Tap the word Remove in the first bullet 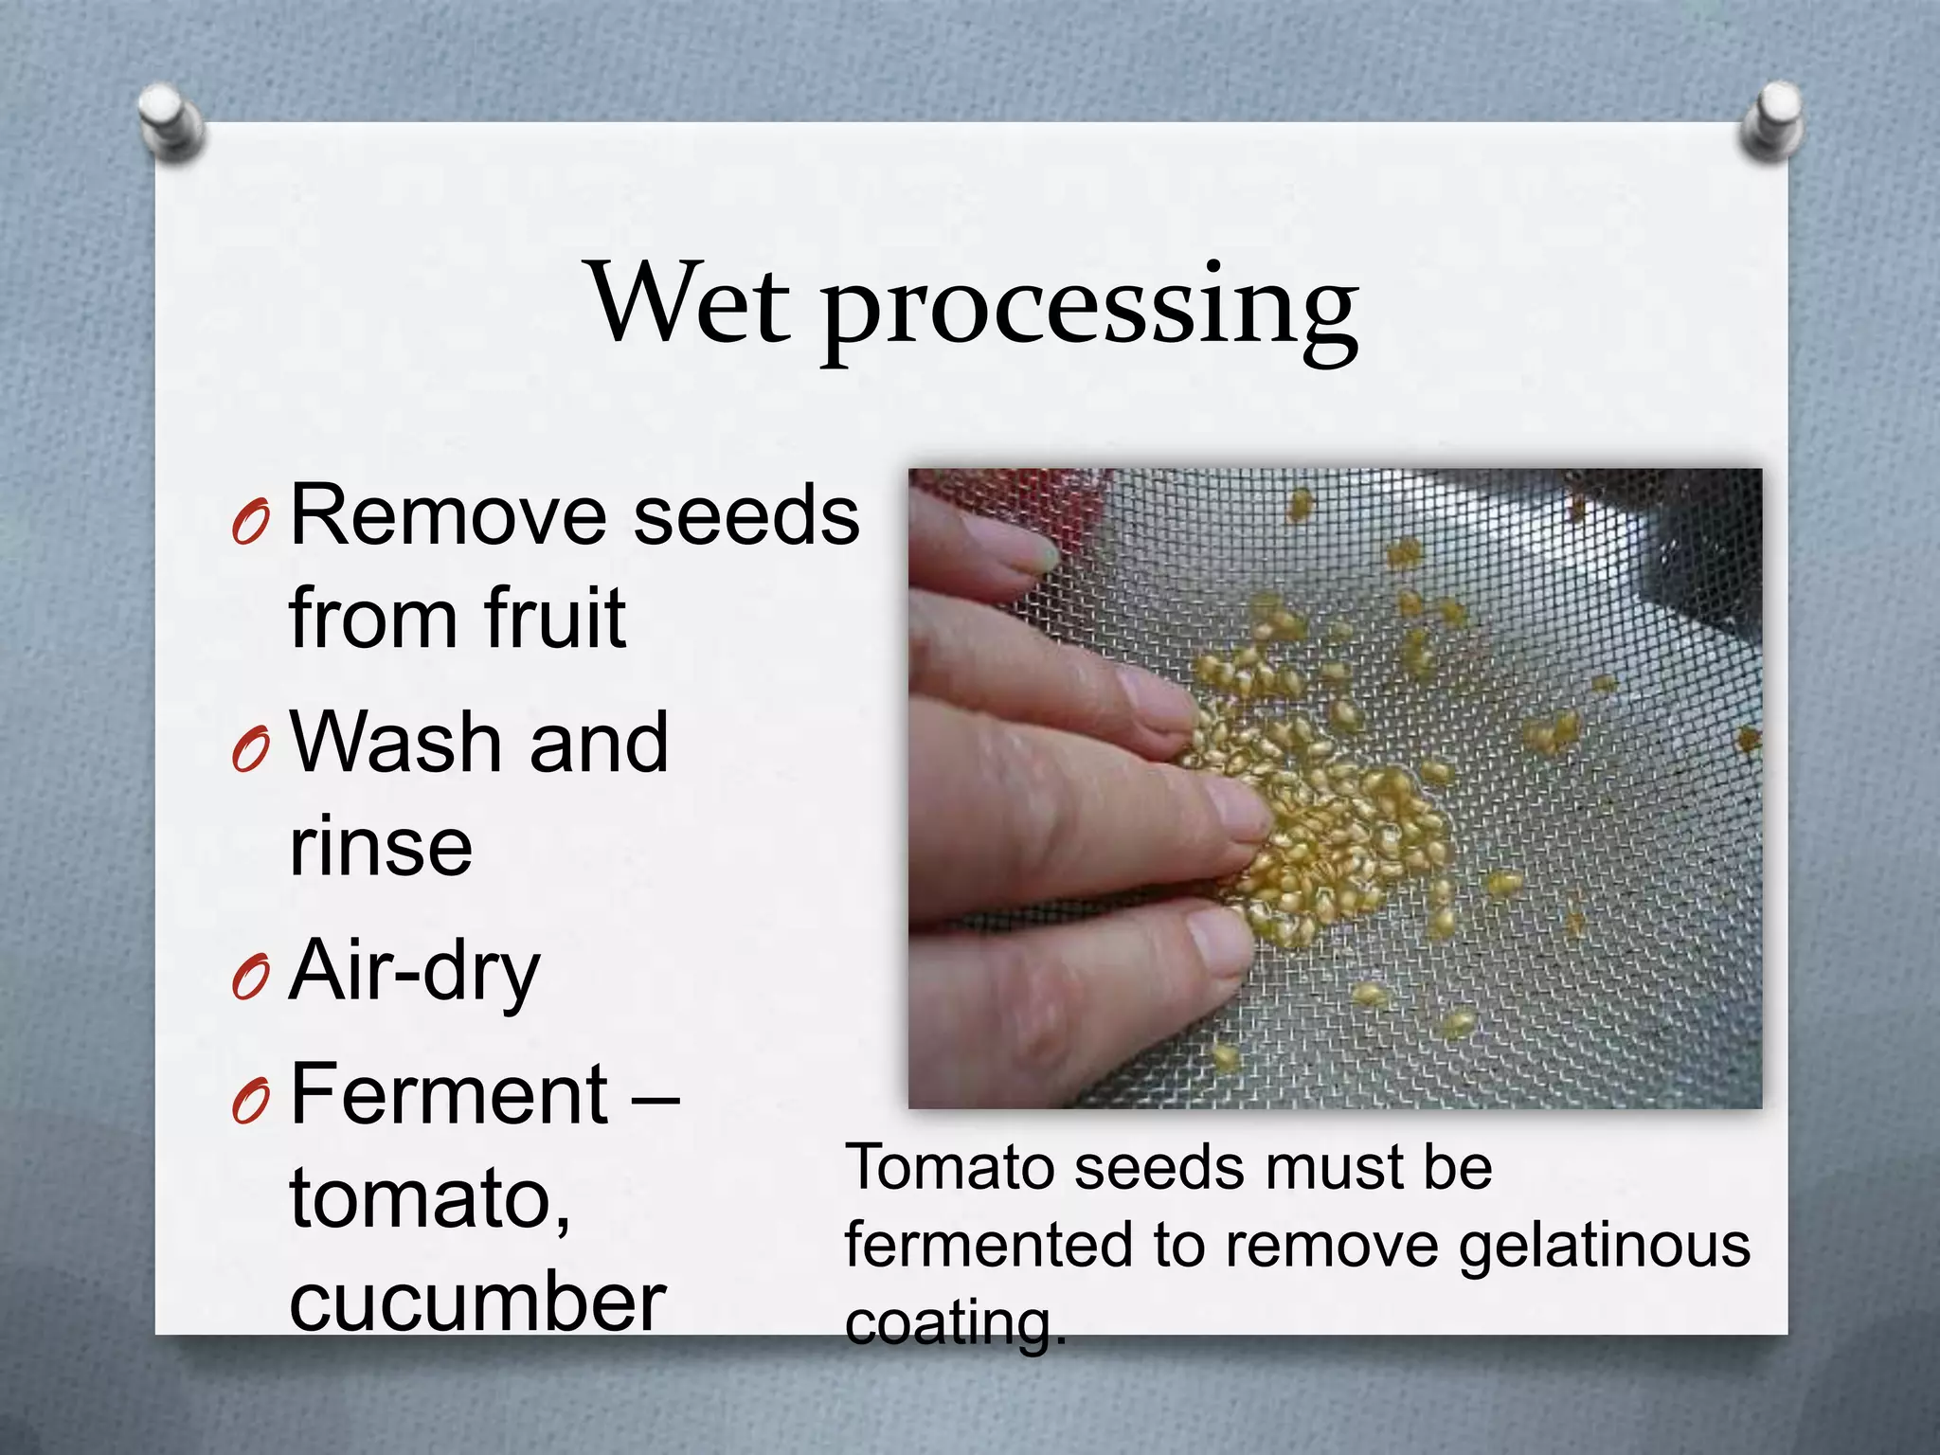coord(448,516)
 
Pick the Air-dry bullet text coord(414,971)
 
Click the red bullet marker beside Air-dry coord(251,978)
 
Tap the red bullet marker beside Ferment coord(251,1101)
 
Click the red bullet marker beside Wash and coord(251,750)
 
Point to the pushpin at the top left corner coord(171,120)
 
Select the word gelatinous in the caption coord(1604,1247)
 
